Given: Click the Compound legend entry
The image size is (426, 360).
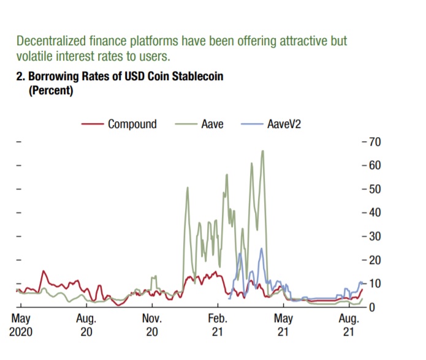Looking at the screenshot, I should [132, 124].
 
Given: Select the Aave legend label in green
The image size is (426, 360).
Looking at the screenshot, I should [212, 124].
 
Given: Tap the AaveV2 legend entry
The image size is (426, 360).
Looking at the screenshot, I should [284, 124].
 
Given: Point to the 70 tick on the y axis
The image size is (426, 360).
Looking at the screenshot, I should [374, 142].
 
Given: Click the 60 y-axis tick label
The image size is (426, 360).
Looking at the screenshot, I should [374, 166].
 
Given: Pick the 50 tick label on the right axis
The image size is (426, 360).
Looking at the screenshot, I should [374, 189].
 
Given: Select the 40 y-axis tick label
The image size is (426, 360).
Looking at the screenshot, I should [374, 213].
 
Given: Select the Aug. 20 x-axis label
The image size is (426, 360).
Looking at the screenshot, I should [86, 325].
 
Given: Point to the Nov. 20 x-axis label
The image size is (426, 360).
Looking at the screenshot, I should [152, 325].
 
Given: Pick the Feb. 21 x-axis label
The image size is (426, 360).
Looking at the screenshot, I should [218, 325].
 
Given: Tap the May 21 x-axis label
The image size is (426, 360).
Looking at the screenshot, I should [283, 325].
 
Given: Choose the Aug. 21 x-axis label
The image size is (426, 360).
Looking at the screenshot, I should [349, 325].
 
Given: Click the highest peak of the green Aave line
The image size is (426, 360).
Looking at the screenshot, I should [263, 151].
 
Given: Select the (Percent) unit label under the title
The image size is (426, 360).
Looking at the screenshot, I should [51, 91].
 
